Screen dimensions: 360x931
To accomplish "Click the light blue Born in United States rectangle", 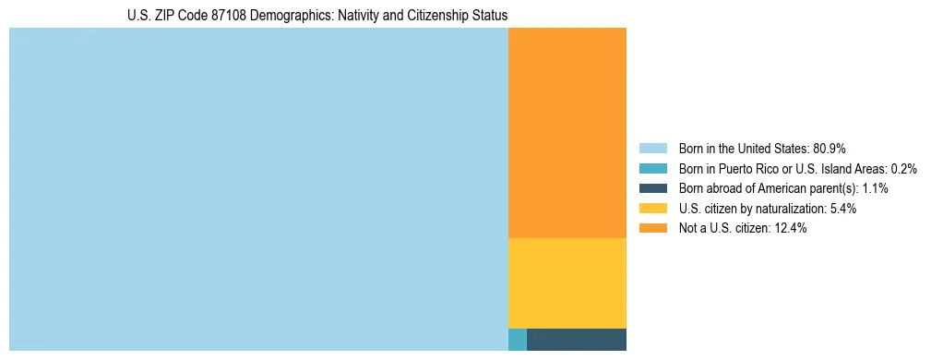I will pos(258,189).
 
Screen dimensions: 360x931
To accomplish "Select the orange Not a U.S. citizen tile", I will pos(567,133).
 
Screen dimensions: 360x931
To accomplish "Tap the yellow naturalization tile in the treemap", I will pos(567,282).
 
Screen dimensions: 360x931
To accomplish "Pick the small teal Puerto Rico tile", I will pos(517,340).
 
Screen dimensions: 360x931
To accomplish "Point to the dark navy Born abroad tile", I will pos(576,340).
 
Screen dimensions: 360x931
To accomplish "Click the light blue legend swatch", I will pos(652,149).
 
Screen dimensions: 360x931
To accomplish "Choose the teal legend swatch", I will pos(652,169).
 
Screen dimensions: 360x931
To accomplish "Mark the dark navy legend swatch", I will pos(652,188).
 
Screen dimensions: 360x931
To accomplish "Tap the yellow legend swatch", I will pos(652,209).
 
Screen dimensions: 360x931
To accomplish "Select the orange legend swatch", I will pos(652,229).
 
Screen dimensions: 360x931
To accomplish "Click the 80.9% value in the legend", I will pos(830,149).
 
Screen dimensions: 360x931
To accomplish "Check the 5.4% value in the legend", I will pos(843,209).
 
